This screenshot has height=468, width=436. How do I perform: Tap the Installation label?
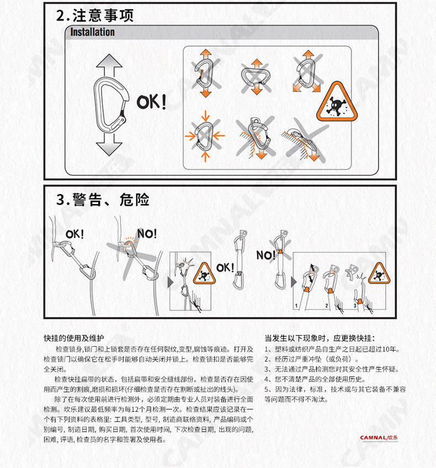92,32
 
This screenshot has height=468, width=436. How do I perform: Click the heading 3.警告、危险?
103,199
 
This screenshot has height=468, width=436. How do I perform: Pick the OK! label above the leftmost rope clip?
75,234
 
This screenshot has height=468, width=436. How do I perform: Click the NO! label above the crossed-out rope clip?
147,234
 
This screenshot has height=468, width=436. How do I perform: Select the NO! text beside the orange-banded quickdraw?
265,255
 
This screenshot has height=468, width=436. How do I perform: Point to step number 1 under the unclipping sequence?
296,305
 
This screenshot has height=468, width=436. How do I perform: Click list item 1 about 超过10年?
332,349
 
